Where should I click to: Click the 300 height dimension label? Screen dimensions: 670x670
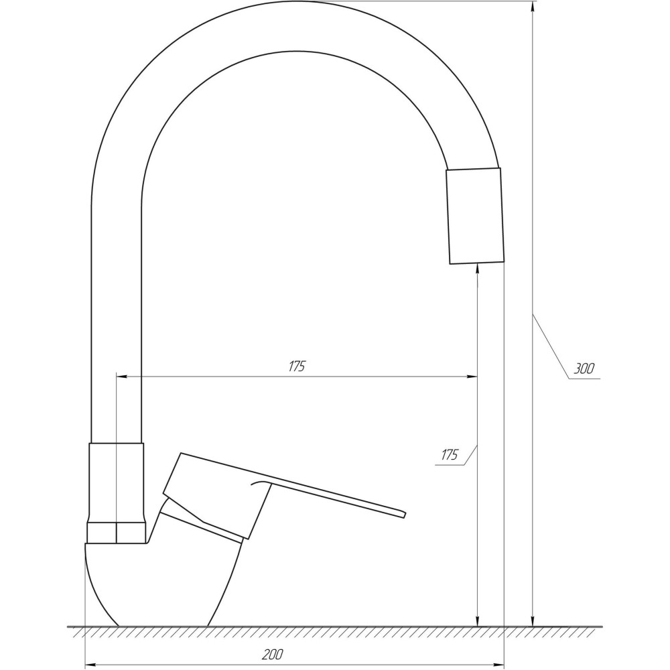[584, 368]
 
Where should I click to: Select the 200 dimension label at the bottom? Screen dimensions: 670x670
[272, 654]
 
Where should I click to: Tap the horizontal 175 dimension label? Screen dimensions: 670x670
[297, 366]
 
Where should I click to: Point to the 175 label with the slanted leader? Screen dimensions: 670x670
[450, 455]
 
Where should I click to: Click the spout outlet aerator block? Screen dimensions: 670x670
[475, 216]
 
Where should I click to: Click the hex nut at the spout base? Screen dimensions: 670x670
[116, 532]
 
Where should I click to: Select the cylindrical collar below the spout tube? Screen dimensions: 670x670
[116, 482]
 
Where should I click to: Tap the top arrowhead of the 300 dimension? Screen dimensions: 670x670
[533, 9]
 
